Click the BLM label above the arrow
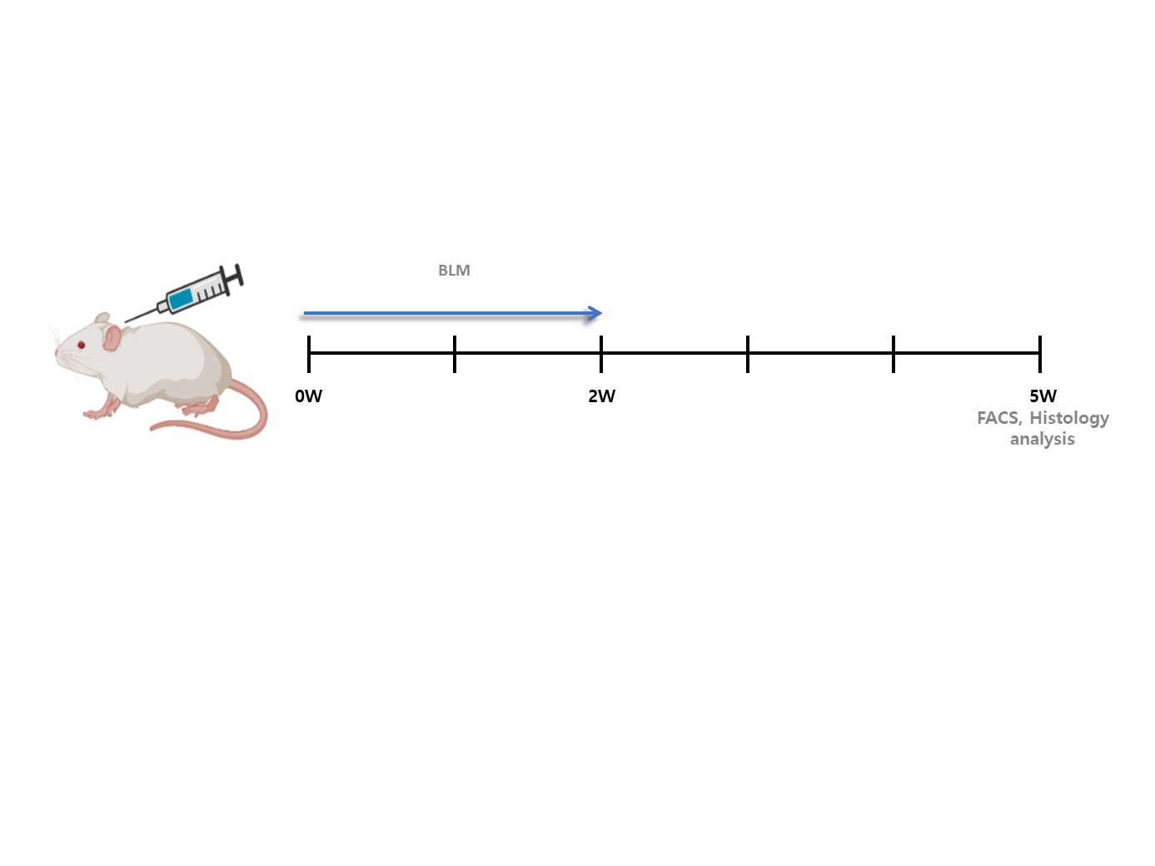pos(454,271)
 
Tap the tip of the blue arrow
pos(602,314)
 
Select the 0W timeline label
pos(308,396)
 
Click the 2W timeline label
pos(601,396)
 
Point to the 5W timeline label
pos(1043,396)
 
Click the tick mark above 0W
pos(309,354)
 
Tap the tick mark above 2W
pos(601,354)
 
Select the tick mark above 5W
pos(1040,354)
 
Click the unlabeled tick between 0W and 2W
pos(455,354)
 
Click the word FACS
pos(999,418)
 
